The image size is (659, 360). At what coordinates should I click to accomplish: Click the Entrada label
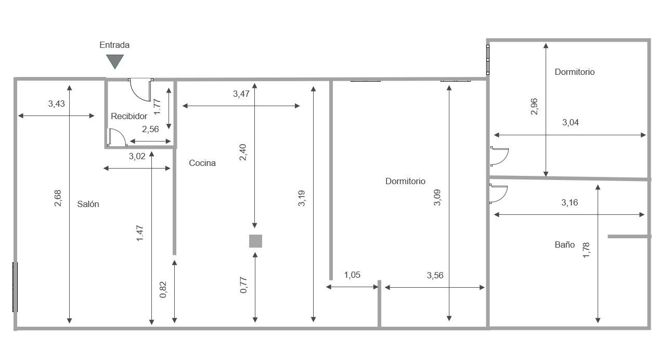tap(114, 45)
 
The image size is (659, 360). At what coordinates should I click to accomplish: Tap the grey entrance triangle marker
tap(115, 61)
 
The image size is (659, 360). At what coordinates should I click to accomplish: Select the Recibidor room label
tap(129, 116)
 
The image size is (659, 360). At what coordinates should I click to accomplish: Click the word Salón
tap(88, 204)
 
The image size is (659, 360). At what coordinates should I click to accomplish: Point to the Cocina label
tap(202, 163)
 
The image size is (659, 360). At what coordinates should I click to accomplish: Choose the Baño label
tap(564, 245)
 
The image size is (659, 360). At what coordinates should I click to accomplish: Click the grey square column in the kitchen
tap(256, 241)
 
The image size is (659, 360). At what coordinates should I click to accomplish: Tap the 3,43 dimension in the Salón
tap(57, 104)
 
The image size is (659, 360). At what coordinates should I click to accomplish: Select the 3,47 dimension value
tap(241, 94)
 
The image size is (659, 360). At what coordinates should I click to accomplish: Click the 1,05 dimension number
tap(352, 275)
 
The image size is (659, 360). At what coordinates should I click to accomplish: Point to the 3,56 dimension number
tap(435, 276)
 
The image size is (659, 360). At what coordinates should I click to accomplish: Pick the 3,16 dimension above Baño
tap(570, 202)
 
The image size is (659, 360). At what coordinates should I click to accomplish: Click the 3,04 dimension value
tap(571, 122)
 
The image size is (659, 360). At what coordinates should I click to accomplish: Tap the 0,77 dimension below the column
tap(243, 285)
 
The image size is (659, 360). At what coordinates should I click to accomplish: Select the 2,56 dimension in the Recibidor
tap(150, 129)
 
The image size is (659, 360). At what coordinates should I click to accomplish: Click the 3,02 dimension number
tap(137, 156)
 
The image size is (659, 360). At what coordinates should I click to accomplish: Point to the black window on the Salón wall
tap(15, 287)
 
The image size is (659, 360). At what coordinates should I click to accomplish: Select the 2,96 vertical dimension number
tap(534, 107)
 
